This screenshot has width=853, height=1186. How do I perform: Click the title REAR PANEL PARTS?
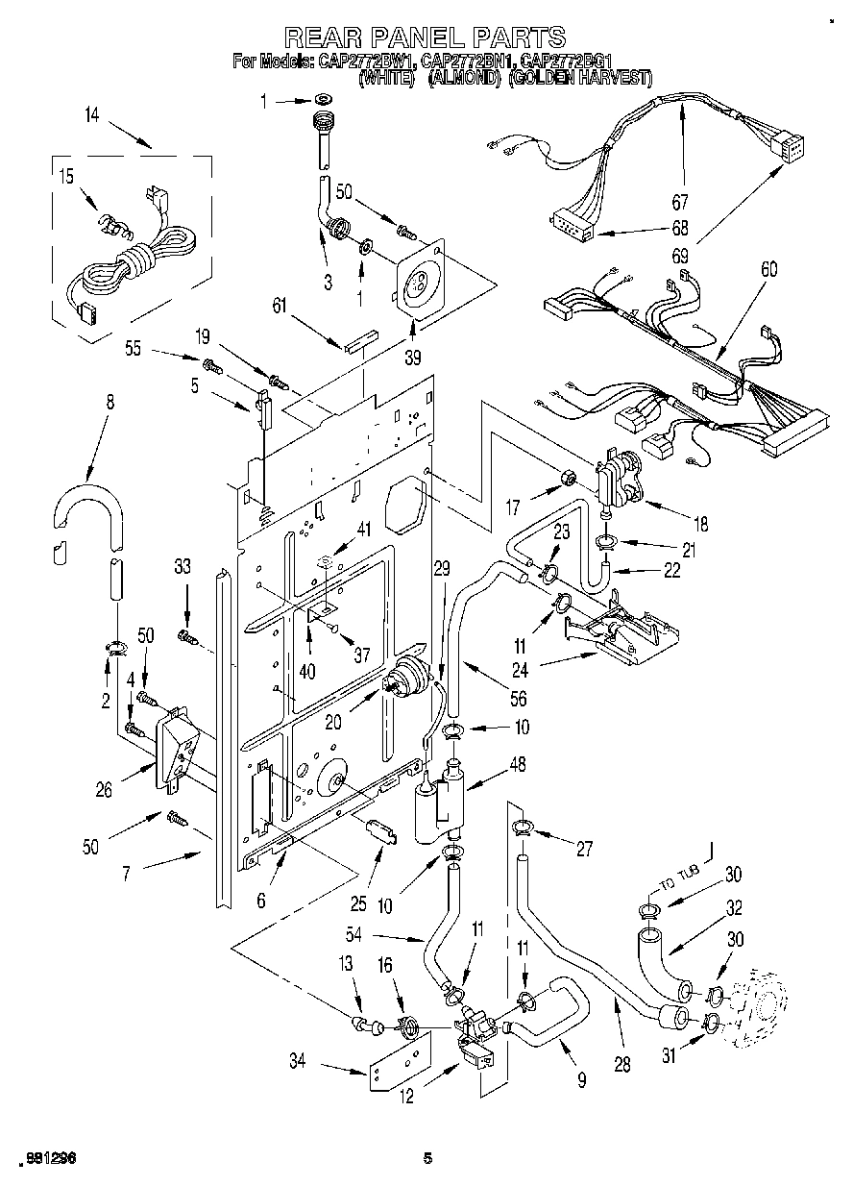pos(426,37)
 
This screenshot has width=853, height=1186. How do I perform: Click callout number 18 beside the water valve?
pos(700,524)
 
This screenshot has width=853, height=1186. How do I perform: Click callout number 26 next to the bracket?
pos(104,790)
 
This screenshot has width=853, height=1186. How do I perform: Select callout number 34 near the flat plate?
pos(298,1060)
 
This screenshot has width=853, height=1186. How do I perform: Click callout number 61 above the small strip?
pos(279,306)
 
